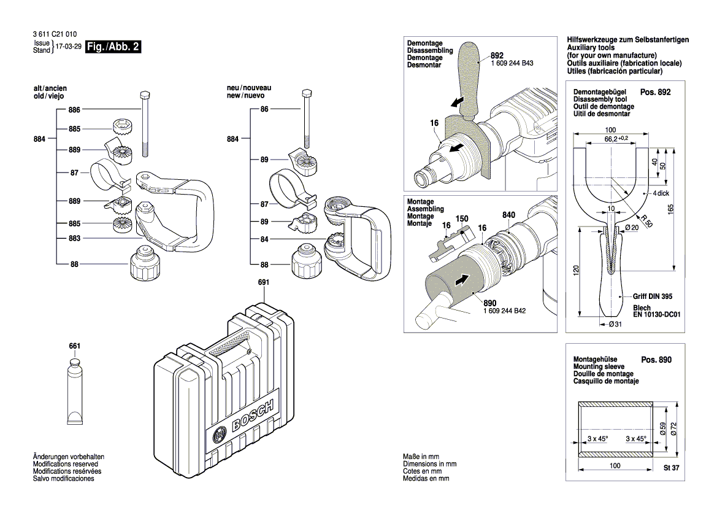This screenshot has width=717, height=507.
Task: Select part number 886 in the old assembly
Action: coord(75,109)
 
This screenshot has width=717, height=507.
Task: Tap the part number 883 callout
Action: coord(75,238)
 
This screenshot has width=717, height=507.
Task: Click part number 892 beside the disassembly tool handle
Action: coord(497,55)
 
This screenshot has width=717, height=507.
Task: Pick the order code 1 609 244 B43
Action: coord(512,63)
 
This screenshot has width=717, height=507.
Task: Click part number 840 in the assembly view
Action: coord(508,215)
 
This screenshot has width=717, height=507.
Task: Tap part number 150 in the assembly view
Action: coord(462,219)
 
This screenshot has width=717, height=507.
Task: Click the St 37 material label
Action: coord(672,467)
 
